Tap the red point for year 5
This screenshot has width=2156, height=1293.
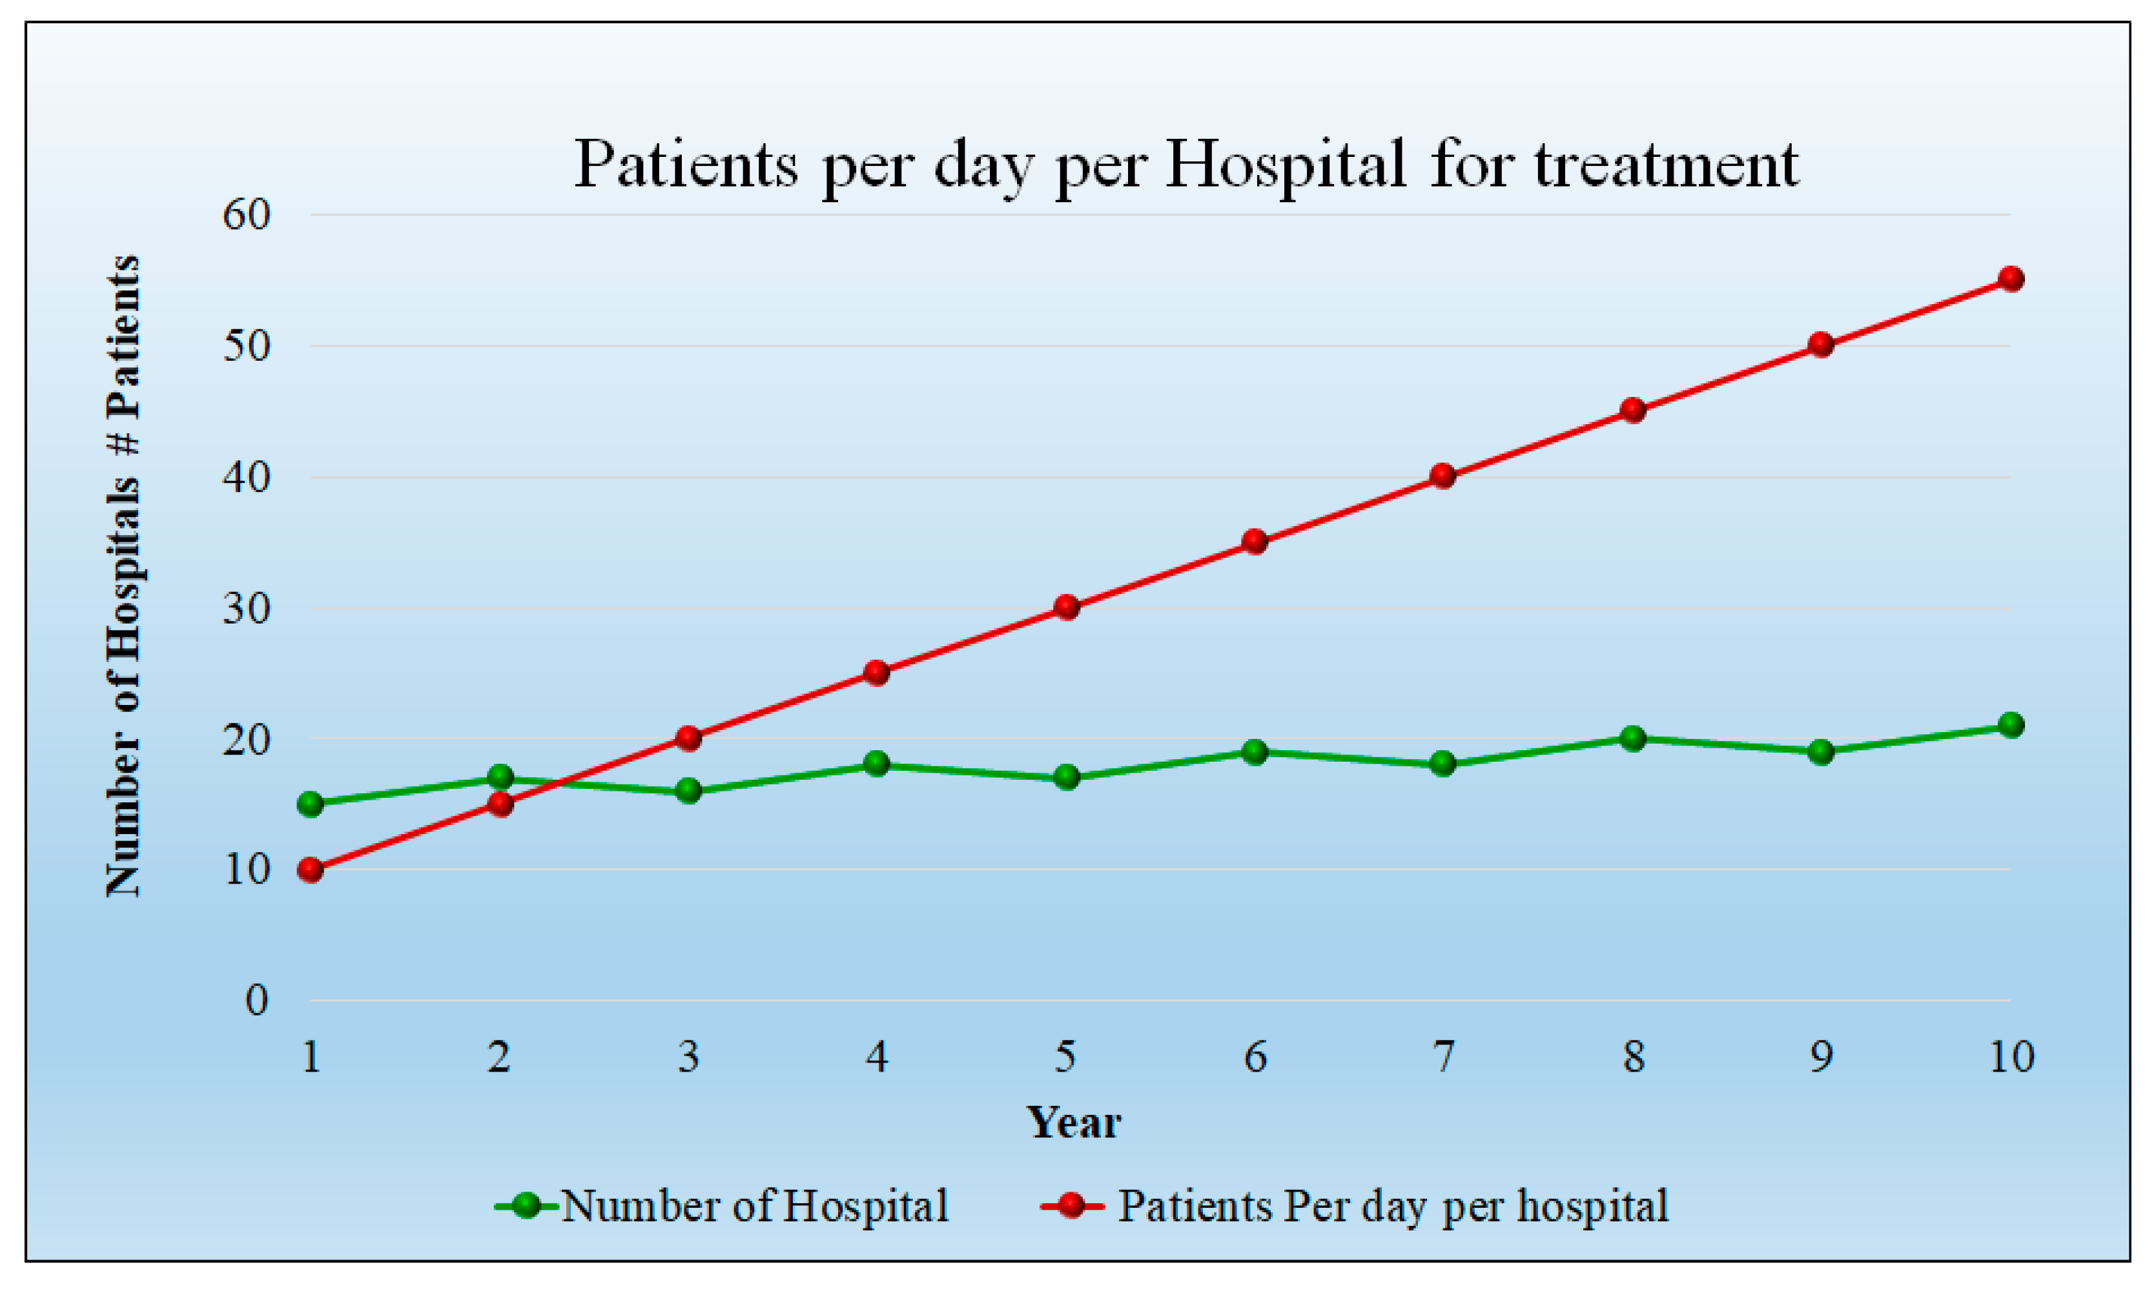click(1066, 607)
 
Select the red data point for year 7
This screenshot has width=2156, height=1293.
click(1443, 476)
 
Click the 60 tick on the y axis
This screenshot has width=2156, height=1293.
click(247, 215)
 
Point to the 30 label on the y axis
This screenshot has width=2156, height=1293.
click(247, 608)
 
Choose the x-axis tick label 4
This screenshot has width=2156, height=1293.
click(877, 1057)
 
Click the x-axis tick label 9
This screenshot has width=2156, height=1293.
click(1820, 1057)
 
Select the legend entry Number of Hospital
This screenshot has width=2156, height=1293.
click(754, 1206)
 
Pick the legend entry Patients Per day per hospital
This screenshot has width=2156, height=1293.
click(1393, 1206)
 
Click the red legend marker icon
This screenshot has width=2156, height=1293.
click(1072, 1206)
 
